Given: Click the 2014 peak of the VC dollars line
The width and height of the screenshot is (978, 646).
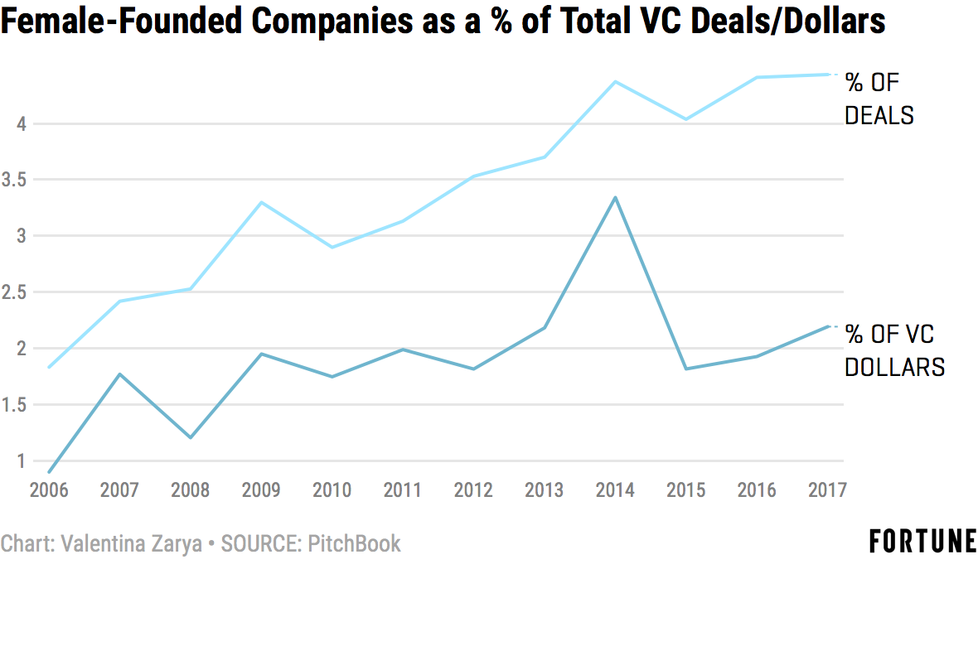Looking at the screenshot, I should tap(615, 197).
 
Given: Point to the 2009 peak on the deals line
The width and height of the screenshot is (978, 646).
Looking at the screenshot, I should tap(261, 202).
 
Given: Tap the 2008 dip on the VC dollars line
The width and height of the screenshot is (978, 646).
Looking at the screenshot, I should tap(191, 437).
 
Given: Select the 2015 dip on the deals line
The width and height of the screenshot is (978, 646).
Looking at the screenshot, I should tap(685, 119).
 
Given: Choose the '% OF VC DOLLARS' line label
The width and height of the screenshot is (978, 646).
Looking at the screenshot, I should tap(894, 350).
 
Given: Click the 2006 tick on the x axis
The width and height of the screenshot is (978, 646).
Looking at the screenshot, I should tap(49, 489).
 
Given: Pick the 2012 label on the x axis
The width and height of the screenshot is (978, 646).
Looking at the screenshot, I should tap(473, 489).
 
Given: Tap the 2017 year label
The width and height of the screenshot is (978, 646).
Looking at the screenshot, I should tap(827, 489).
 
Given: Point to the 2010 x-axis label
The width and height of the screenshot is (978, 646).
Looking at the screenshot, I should tap(332, 489).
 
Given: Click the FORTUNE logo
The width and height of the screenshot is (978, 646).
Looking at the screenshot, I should tap(922, 542).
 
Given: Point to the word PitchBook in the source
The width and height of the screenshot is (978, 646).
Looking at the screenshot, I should tap(354, 544).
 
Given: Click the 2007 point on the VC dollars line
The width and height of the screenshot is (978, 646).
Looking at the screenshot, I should tap(119, 374).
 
